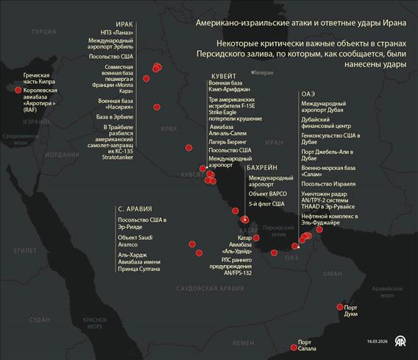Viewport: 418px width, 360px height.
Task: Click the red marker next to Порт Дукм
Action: (340, 306)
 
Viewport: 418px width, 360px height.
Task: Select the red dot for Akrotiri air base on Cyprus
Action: (17, 90)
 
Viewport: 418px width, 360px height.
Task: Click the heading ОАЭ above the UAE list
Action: (308, 95)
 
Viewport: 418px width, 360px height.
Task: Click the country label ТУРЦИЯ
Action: (45, 32)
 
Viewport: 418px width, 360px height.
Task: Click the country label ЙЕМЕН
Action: (242, 343)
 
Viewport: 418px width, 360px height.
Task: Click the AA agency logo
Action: (401, 342)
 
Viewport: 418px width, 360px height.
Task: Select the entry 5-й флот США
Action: (266, 203)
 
